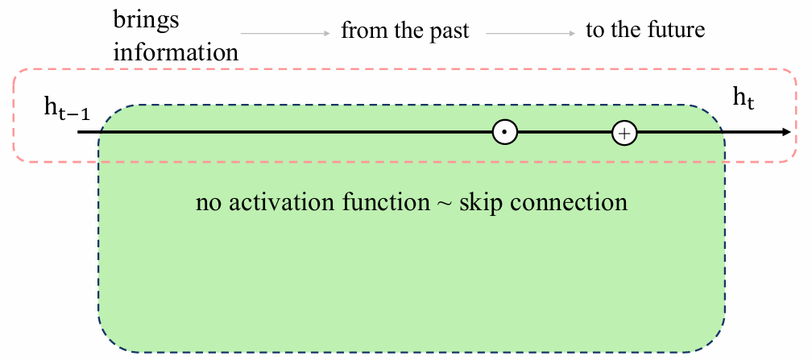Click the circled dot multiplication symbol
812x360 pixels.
click(x=505, y=133)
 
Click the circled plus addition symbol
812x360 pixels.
click(x=624, y=133)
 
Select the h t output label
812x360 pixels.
click(x=743, y=98)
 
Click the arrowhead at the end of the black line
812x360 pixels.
click(x=786, y=133)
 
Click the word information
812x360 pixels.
click(x=176, y=52)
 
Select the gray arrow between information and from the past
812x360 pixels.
click(x=285, y=33)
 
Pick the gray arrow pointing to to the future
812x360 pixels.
click(x=530, y=33)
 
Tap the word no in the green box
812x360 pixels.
click(x=209, y=205)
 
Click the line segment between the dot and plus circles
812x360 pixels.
click(x=565, y=133)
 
